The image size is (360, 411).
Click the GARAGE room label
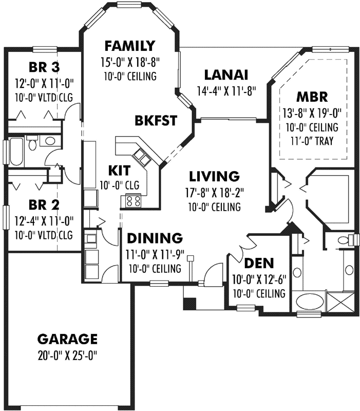[67, 339]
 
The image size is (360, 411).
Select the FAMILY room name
[129, 46]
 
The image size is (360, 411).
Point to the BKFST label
[156, 121]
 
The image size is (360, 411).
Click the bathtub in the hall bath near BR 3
[15, 151]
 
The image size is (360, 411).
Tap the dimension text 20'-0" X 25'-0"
[67, 355]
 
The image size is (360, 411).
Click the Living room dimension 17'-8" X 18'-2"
[214, 194]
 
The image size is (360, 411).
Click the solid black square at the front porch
[189, 304]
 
